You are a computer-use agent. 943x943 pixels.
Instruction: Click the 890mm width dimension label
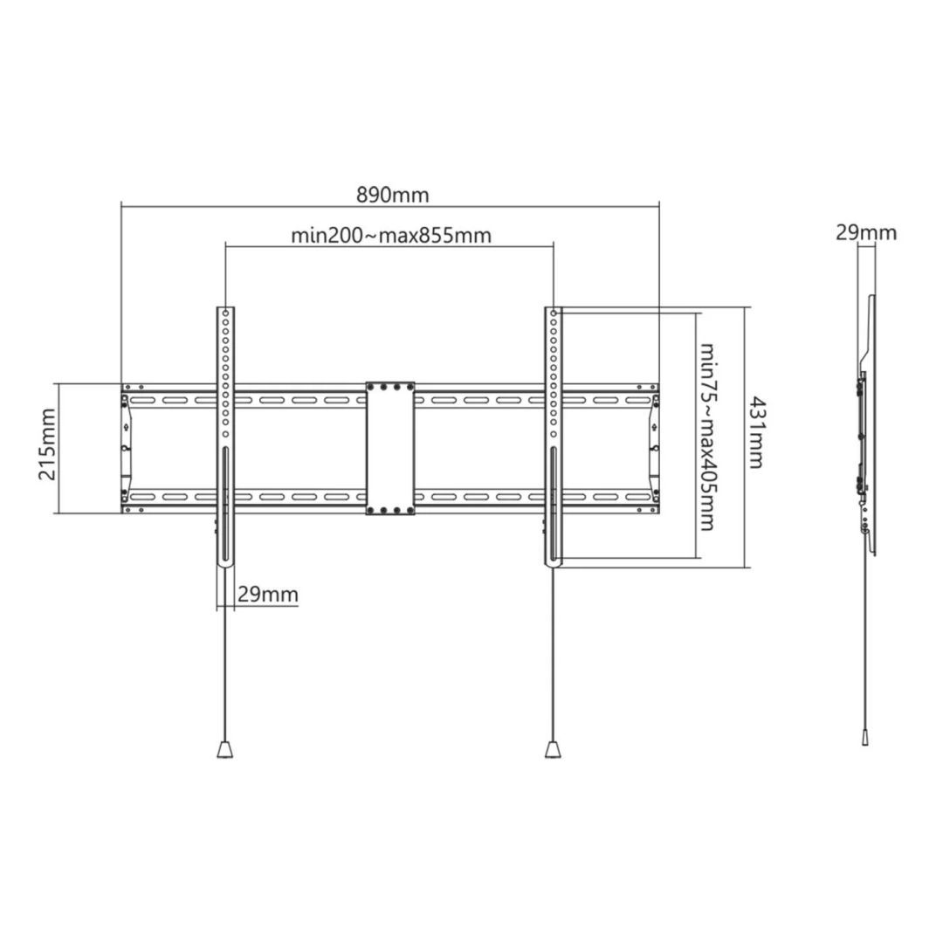(392, 195)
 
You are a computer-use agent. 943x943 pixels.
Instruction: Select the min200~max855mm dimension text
(390, 235)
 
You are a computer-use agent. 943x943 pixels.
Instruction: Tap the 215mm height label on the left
(47, 444)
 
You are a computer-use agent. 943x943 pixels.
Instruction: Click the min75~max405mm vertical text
(708, 435)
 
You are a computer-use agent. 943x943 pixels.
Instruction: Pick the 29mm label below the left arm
(267, 595)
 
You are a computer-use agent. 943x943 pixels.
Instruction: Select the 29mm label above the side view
(865, 232)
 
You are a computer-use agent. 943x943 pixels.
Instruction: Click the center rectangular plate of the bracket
(389, 448)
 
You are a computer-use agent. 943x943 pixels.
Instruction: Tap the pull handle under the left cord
(224, 749)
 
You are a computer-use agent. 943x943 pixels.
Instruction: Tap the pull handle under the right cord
(554, 749)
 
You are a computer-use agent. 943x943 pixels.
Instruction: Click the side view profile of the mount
(867, 428)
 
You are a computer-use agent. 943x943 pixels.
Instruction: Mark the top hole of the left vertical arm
(225, 312)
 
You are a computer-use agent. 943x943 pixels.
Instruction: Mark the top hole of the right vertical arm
(554, 312)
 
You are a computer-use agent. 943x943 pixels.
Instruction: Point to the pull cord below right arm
(554, 655)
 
